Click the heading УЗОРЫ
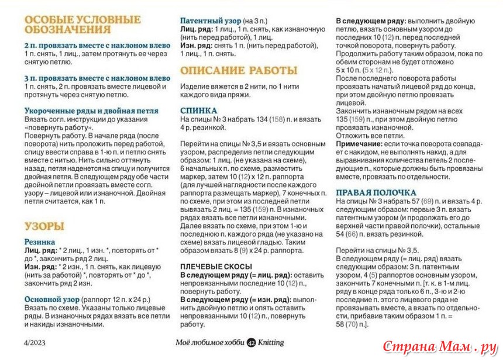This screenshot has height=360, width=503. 44,226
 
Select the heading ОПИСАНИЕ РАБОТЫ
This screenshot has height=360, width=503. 239,71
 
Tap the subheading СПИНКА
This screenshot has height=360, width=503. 198,110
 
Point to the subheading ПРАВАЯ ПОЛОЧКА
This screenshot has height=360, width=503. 376,192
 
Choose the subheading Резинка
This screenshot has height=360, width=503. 40,241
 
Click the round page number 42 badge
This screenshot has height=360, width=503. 251,343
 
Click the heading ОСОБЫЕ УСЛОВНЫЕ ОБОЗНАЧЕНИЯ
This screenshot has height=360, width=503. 82,24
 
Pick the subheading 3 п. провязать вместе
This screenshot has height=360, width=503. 97,78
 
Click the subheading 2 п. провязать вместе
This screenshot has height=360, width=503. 97,45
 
